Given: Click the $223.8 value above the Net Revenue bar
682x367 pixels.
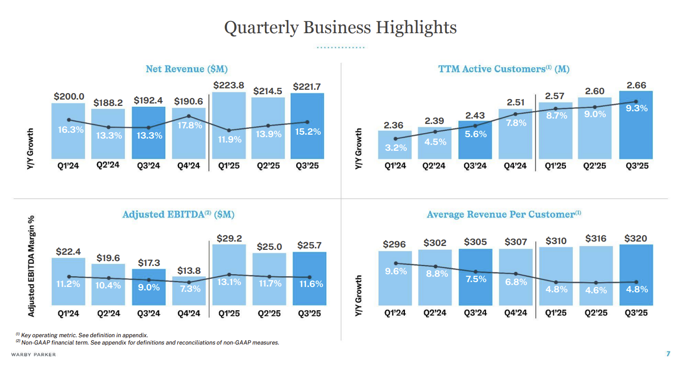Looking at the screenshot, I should (x=229, y=85).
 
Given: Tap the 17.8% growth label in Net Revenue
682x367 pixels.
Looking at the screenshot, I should (x=188, y=125).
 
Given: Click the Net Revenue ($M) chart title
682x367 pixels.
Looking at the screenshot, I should (x=187, y=69).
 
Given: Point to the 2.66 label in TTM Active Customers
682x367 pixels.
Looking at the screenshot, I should (x=636, y=85).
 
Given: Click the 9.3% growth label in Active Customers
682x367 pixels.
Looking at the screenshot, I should (x=637, y=108).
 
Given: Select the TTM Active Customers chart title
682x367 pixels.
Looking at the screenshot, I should (x=504, y=69).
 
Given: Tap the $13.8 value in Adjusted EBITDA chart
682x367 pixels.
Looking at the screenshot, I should (x=188, y=270).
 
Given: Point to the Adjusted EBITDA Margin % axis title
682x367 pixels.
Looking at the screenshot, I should (x=31, y=265).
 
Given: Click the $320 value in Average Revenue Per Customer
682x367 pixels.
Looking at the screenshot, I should (x=636, y=239).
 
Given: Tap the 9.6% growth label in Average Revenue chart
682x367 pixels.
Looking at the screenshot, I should (x=396, y=271).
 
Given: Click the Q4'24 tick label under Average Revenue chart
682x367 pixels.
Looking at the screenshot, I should (x=516, y=313).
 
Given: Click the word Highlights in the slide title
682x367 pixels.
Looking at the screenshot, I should (x=416, y=27).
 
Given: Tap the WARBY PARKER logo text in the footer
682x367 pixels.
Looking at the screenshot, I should (x=34, y=354).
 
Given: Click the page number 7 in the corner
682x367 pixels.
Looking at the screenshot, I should (x=668, y=354).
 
